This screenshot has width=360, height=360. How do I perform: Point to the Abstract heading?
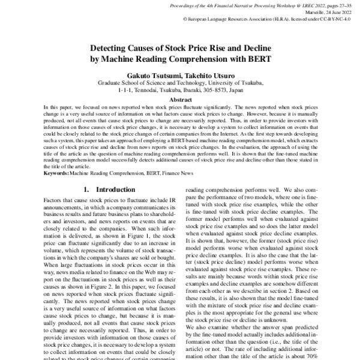pyautogui.click(x=181, y=100)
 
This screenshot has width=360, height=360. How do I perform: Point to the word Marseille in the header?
pyautogui.click(x=310, y=11)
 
